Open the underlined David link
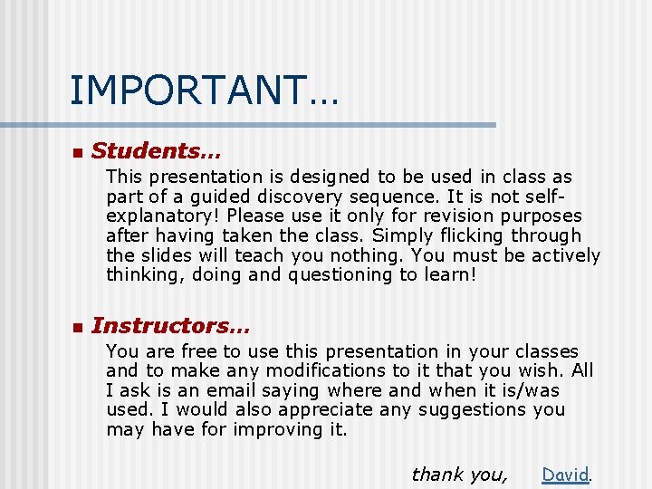(x=565, y=474)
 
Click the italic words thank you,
(x=460, y=474)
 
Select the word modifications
(x=316, y=370)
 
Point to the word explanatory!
(x=164, y=216)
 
